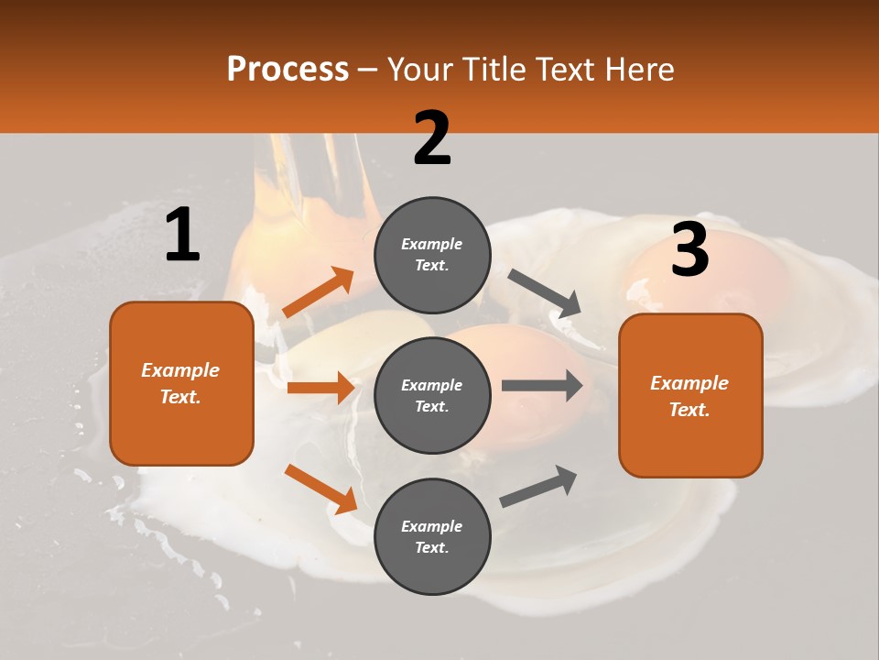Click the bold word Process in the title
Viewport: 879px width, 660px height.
288,70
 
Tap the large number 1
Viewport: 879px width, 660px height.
182,236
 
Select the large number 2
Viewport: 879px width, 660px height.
432,138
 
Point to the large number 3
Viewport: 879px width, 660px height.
689,249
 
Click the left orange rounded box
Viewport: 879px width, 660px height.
181,383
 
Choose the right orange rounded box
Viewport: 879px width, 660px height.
690,396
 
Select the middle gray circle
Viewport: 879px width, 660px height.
432,395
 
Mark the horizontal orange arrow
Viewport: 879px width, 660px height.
320,388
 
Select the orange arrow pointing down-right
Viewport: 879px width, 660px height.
320,489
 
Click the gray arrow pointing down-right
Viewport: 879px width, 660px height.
546,293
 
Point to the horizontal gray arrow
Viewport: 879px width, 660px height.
541,385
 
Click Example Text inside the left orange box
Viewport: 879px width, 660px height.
180,383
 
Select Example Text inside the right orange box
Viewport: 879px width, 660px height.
689,396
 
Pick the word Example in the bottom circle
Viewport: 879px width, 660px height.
432,526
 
